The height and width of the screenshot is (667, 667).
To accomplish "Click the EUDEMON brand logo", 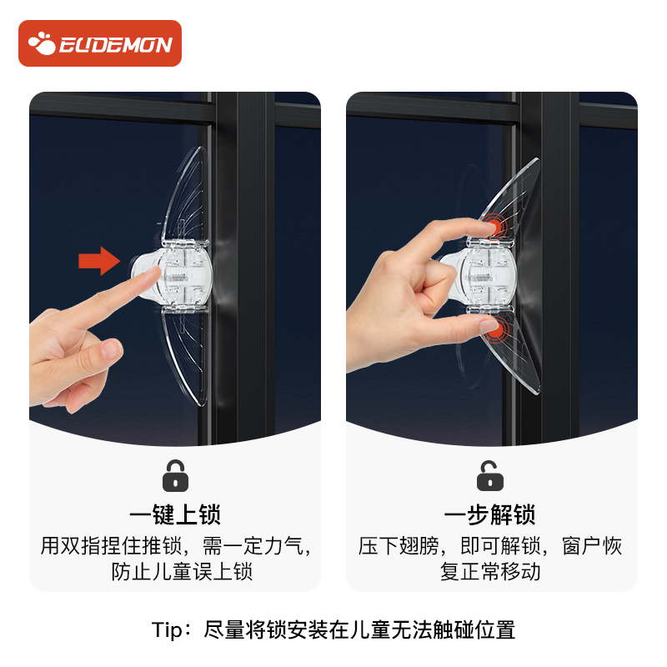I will (x=100, y=43).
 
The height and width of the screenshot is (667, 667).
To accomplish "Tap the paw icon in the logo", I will (x=42, y=43).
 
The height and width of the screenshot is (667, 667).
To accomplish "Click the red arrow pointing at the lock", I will (x=99, y=260).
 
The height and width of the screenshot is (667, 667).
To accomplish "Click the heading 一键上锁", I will (x=175, y=514).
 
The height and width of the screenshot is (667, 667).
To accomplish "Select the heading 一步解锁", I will (x=490, y=514).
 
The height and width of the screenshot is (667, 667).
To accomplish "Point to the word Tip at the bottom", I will (x=169, y=629).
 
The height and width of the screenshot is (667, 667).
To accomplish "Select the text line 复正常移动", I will (x=490, y=572).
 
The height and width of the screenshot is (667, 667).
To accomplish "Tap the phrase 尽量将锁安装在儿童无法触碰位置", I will (x=359, y=629).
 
